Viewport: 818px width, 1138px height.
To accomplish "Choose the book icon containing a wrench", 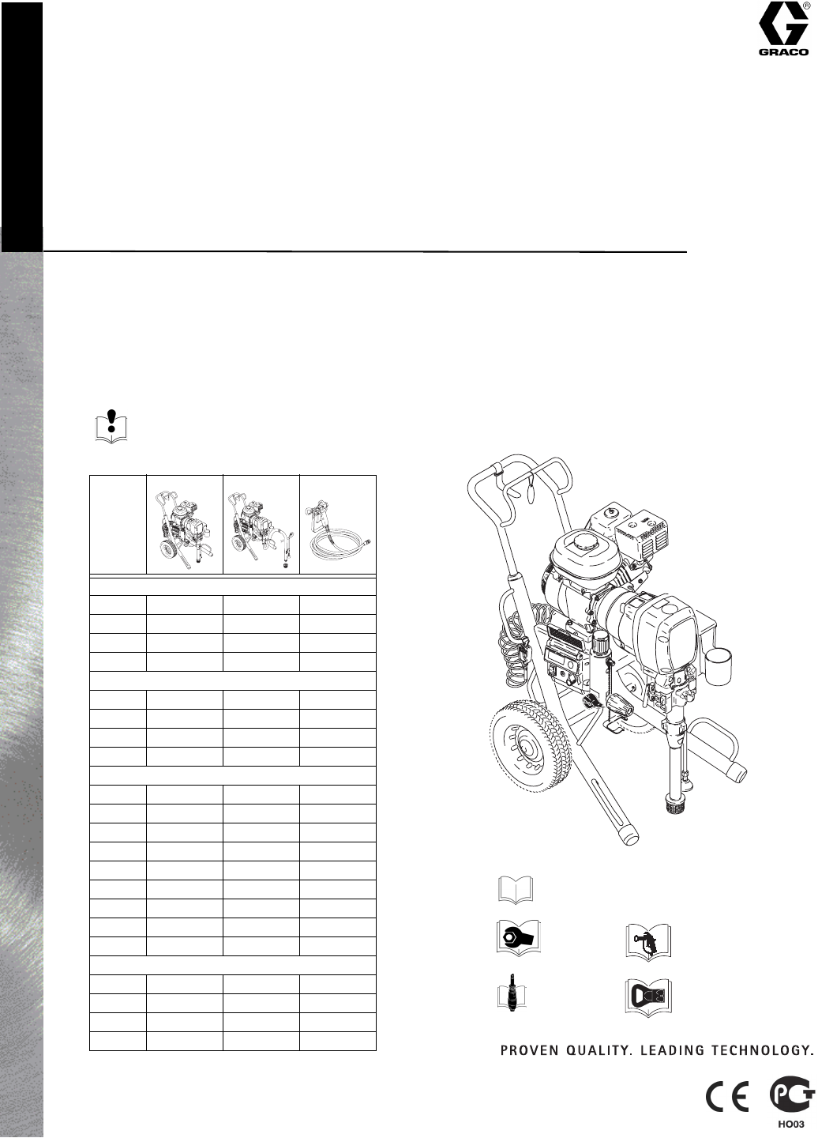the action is pos(518,938).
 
